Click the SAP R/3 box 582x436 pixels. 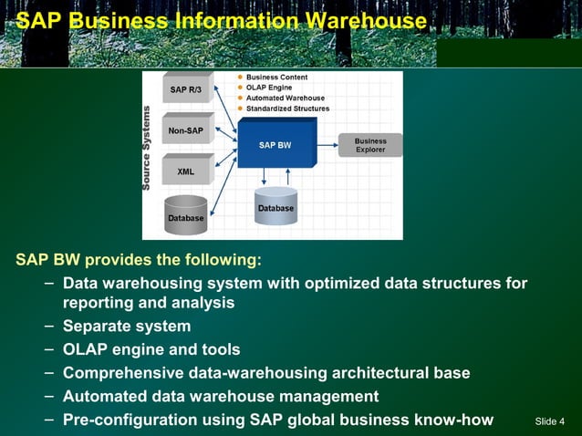point(186,89)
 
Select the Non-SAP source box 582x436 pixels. point(186,130)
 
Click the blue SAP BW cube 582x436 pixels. point(275,144)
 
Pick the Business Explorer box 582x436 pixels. point(370,145)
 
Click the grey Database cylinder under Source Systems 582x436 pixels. point(185,213)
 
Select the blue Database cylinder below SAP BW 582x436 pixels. point(275,207)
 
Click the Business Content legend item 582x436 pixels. point(276,78)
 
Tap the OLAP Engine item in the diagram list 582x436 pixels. point(269,88)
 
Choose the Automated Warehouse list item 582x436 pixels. point(285,98)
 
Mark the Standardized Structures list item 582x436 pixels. point(287,109)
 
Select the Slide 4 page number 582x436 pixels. point(550,421)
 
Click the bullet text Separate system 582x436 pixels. point(127,326)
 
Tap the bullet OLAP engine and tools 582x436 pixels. point(151,349)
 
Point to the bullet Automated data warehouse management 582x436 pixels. point(220,396)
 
